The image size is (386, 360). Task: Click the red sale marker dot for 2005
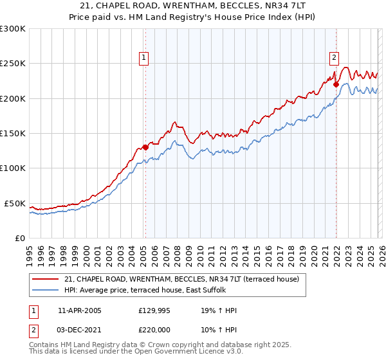[145, 147]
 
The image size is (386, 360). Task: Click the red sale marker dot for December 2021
[336, 84]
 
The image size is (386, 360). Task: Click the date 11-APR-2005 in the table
[80, 310]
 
